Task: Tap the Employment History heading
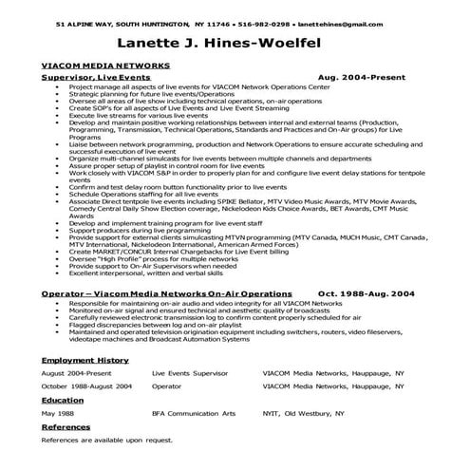(86, 362)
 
